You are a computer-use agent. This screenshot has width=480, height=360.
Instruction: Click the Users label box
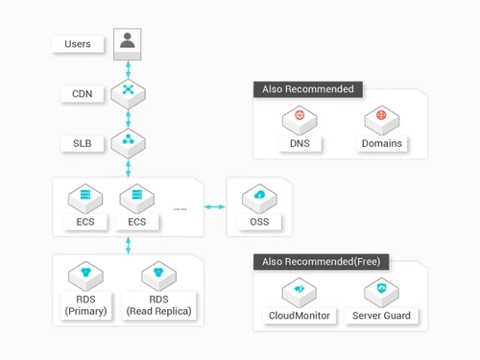[78, 44]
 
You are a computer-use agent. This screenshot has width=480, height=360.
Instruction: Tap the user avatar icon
[127, 42]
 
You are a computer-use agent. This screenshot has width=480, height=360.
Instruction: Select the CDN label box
[83, 94]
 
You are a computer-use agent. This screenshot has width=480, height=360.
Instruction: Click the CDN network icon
[127, 93]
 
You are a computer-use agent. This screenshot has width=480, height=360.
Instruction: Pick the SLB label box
[83, 143]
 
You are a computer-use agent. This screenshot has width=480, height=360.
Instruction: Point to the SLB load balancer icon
[127, 143]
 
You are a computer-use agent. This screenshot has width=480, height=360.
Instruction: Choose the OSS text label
[259, 223]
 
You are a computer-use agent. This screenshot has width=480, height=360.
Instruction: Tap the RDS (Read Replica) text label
[159, 304]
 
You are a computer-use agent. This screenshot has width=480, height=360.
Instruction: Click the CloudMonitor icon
[300, 290]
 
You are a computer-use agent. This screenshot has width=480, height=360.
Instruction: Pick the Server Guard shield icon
[382, 290]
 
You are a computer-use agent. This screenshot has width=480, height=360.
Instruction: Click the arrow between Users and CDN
[127, 68]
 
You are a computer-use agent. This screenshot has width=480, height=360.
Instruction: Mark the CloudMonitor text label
[300, 316]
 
